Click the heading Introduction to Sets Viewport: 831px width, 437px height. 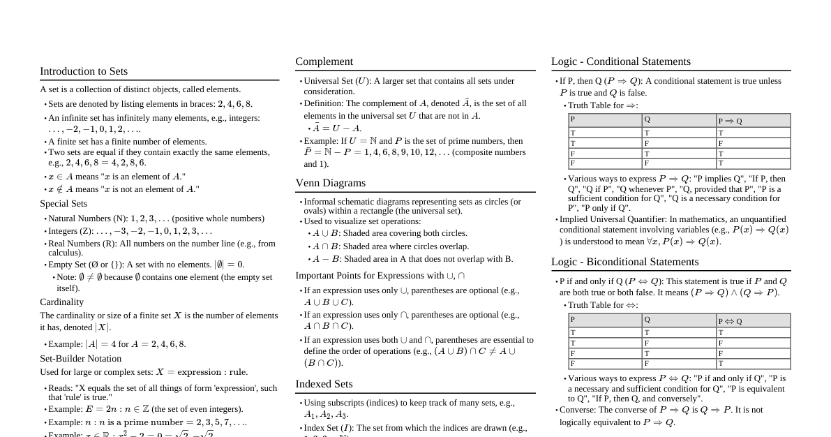coord(84,71)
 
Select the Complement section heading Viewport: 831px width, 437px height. coord(324,61)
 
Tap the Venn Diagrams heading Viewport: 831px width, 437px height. coord(331,183)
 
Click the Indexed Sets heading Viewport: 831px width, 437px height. coord(324,384)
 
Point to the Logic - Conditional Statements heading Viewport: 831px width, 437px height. coord(621,61)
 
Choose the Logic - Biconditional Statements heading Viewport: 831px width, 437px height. coord(625,262)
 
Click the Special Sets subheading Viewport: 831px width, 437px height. coord(63,204)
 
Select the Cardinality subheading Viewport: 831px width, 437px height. coord(61,302)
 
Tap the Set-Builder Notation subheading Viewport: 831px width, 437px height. coord(80,358)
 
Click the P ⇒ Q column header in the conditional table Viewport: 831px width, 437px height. coord(730,121)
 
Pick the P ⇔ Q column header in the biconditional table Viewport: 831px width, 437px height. coord(730,321)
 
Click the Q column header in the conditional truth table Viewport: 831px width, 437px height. coord(647,119)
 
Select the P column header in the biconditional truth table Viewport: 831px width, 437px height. coord(573,320)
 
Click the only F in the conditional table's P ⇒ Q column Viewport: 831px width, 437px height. coord(721,143)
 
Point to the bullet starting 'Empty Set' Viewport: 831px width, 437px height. coord(147,265)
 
